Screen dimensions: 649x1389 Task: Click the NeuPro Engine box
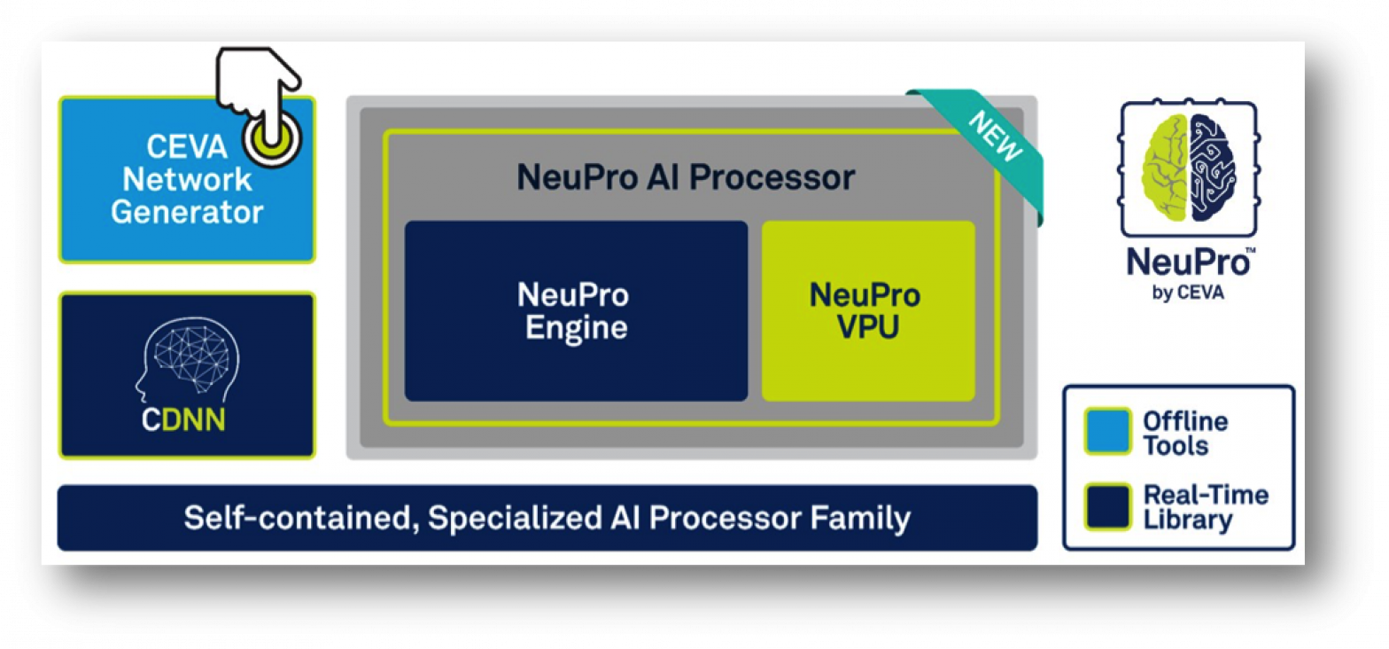576,310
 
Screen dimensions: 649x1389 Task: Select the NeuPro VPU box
867,310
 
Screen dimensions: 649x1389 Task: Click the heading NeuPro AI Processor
686,177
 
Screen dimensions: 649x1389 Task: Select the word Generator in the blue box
187,213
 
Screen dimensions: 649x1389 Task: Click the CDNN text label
183,419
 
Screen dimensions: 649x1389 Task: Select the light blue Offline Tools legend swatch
1107,431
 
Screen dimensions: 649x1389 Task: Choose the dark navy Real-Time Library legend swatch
1107,506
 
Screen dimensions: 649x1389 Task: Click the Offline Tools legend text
1184,433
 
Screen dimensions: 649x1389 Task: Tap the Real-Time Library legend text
1205,507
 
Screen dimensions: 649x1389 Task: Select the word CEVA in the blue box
174,144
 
